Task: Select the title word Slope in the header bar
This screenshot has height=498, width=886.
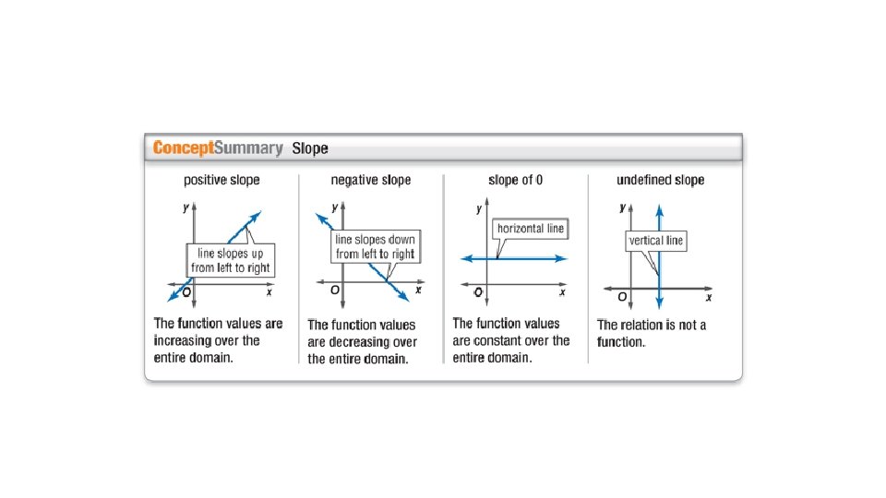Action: click(x=309, y=148)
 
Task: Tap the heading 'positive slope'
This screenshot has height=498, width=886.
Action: click(x=221, y=180)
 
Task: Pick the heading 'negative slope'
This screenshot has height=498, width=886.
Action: click(x=371, y=180)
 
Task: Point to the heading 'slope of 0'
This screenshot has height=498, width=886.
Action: click(x=515, y=180)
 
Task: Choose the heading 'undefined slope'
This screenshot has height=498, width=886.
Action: click(x=660, y=180)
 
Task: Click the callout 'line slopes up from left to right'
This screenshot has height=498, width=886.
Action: click(x=232, y=260)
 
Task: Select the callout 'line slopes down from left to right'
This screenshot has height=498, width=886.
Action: click(x=375, y=245)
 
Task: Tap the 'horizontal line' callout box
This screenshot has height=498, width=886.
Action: click(x=531, y=228)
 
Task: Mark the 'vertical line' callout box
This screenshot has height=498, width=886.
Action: click(x=656, y=241)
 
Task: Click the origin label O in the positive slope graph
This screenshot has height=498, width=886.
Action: click(x=186, y=293)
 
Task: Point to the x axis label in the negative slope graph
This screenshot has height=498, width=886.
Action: click(x=418, y=290)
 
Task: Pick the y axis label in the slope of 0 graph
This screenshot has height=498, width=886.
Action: click(x=479, y=209)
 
